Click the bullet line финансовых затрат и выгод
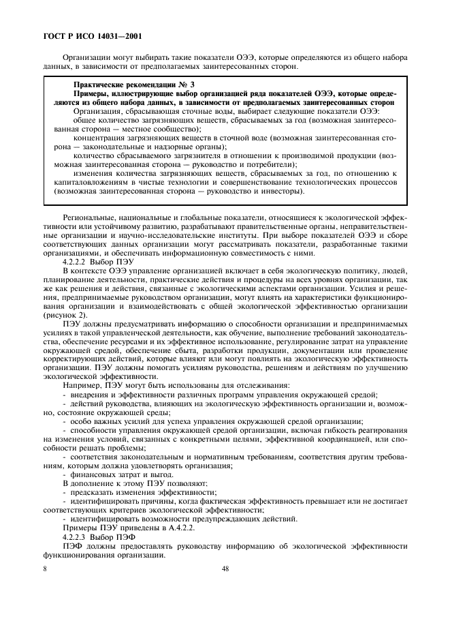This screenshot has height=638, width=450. (x=112, y=474)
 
